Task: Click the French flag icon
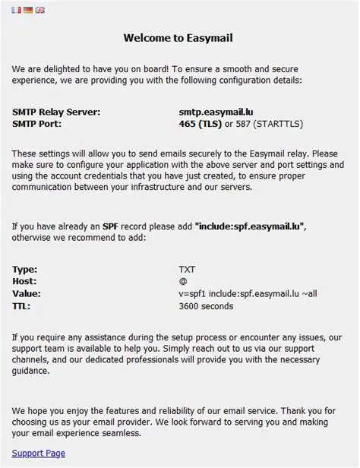pos(17,10)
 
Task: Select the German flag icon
pos(28,10)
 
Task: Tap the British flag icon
pos(39,10)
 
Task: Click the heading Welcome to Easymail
pos(179,37)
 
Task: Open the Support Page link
pos(38,454)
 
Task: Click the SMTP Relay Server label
pos(56,112)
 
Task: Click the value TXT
pos(187,269)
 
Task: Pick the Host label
pos(25,281)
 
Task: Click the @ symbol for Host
pos(182,281)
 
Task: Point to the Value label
pos(27,293)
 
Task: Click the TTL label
pos(22,306)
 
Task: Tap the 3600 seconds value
pos(206,306)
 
